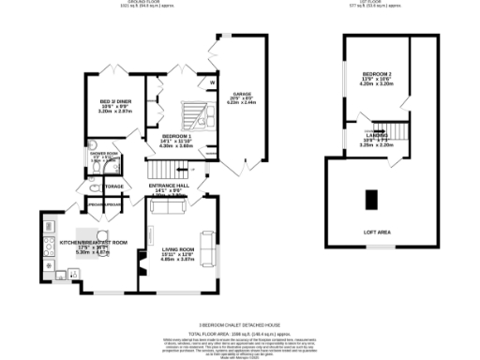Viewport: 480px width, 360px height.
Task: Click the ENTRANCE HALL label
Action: click(x=170, y=186)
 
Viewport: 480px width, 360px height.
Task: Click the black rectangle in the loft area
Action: click(x=371, y=199)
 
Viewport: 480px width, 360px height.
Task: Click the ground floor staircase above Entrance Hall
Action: click(x=165, y=170)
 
